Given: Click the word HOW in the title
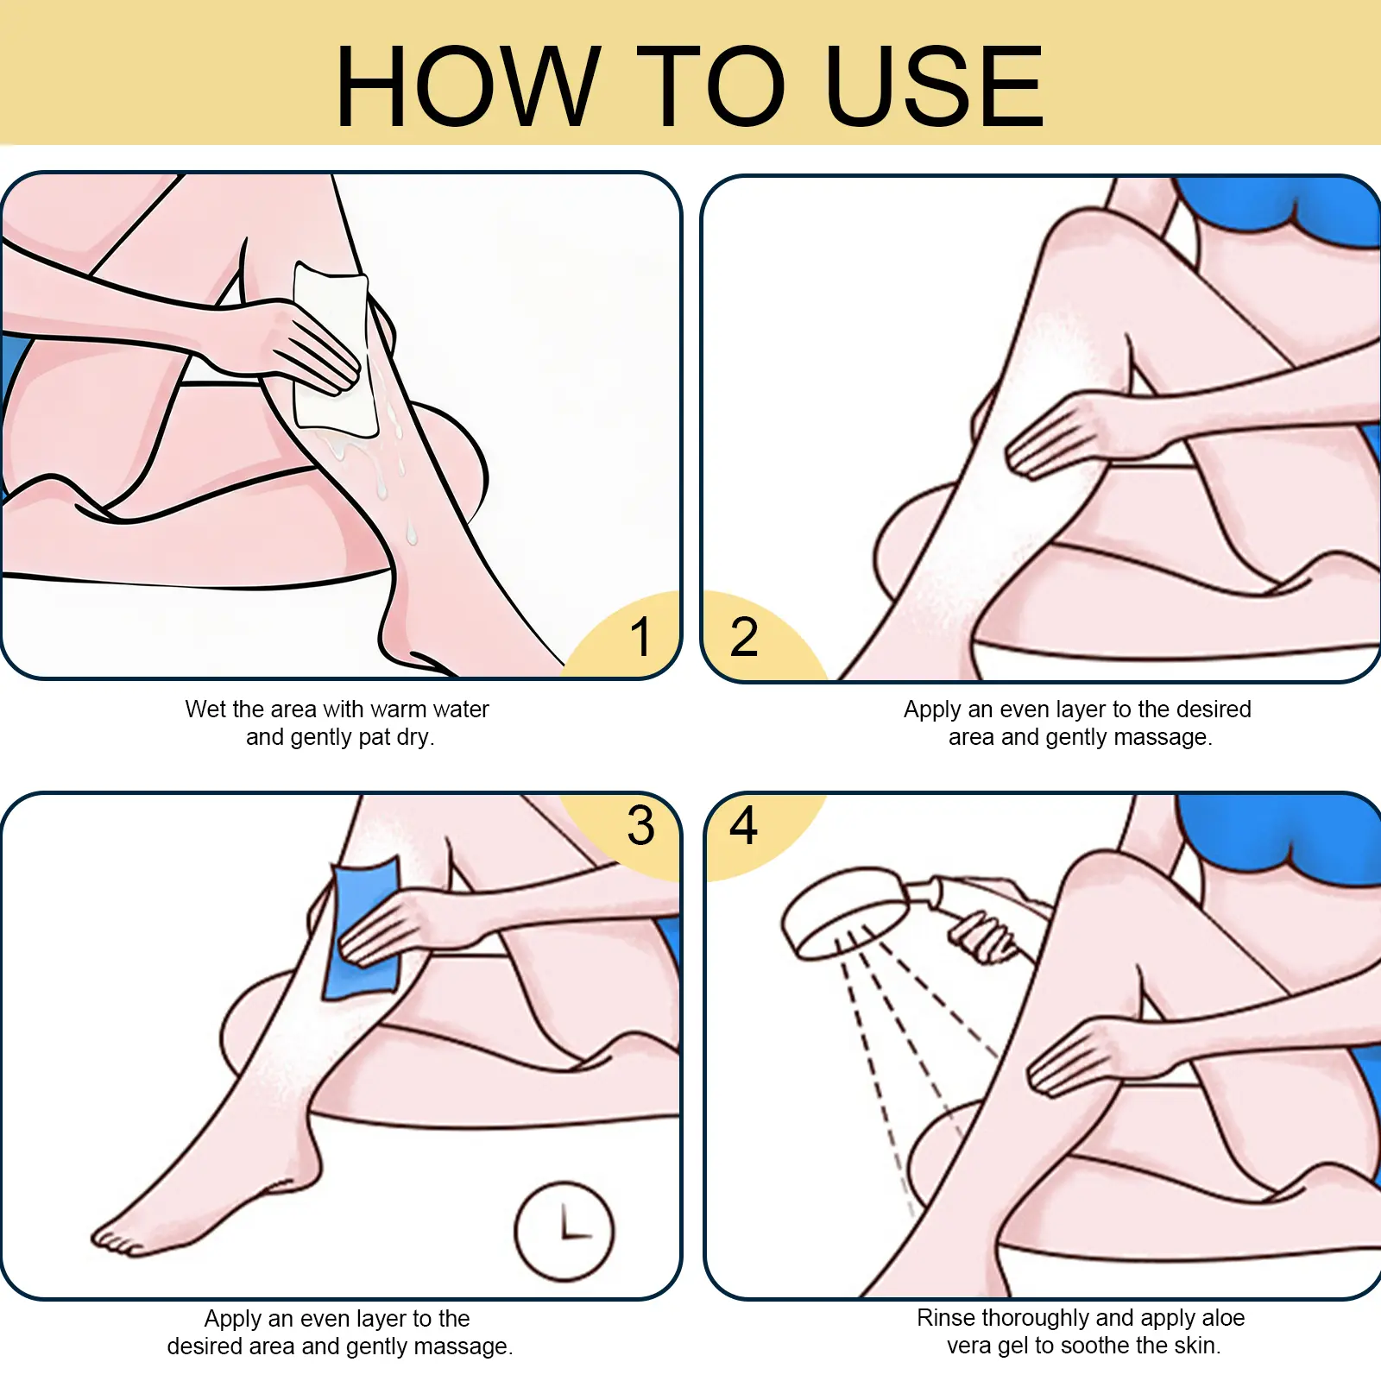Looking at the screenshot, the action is coord(469,86).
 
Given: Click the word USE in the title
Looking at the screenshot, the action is coord(935,86).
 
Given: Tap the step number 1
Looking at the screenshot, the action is coord(640,637).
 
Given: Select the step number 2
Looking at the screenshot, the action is coord(744,637).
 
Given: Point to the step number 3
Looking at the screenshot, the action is coord(641,825).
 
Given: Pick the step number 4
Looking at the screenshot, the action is coord(743,825).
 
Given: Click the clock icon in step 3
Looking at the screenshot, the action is coord(564,1231).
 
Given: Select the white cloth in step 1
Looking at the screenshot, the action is coord(334,350).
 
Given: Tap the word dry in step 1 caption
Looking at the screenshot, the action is coord(415,738).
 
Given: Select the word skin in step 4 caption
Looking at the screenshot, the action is coord(1195,1346).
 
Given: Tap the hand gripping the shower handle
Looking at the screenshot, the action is coord(984,936).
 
